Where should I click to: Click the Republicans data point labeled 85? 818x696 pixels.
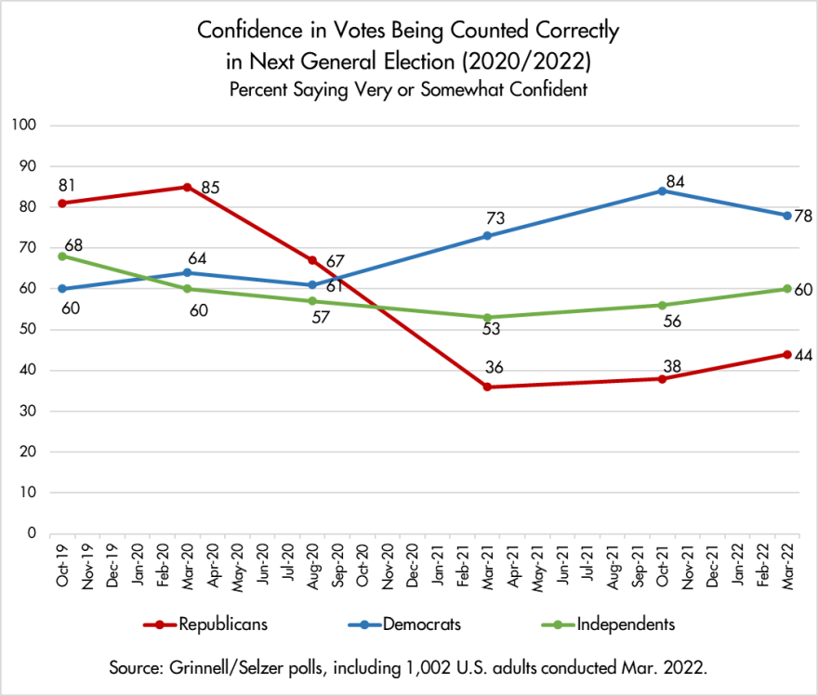pos(187,187)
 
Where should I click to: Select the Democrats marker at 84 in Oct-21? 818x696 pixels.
pos(661,190)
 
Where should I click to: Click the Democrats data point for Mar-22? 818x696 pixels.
pos(786,215)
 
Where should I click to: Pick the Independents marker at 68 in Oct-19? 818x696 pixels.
pos(61,256)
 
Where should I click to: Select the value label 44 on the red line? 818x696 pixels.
pos(801,355)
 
